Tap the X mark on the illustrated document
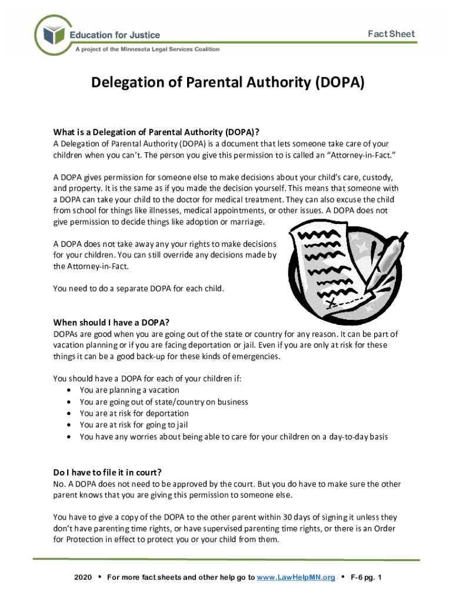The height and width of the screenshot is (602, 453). pos(331,302)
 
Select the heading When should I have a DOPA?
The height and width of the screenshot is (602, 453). pos(111,322)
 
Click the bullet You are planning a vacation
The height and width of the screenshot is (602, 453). pos(129,390)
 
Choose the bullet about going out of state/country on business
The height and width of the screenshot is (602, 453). pos(164,402)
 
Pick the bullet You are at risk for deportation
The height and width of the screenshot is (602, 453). pos(134,413)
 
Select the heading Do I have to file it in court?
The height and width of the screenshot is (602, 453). pos(107,472)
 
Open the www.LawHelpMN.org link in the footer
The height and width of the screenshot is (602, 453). pos(296,577)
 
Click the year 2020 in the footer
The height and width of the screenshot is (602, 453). pos(83,577)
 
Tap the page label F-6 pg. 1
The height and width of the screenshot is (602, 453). pos(366,577)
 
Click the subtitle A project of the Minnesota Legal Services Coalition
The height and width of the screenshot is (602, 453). pos(147,49)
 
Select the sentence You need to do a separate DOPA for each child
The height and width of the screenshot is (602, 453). pos(138,289)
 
